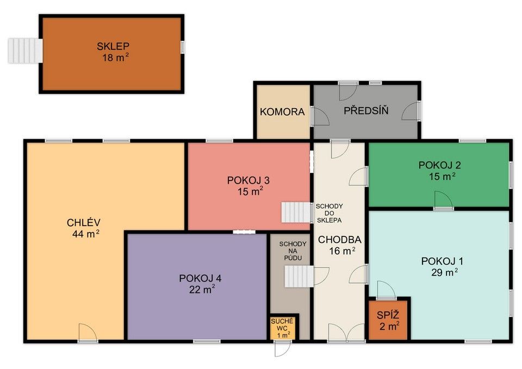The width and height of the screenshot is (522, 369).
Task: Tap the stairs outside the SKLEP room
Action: click(x=25, y=51)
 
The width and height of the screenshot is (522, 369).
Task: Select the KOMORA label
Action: click(x=282, y=112)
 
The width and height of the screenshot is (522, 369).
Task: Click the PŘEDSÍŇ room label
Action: click(x=366, y=110)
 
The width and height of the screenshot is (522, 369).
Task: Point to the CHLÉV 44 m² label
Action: click(x=84, y=228)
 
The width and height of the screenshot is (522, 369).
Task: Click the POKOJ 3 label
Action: click(x=248, y=180)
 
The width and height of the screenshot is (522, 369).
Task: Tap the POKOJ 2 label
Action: click(x=439, y=165)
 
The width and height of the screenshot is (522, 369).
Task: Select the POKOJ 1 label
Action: click(x=442, y=261)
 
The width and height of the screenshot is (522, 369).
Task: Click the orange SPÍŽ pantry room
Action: click(x=388, y=320)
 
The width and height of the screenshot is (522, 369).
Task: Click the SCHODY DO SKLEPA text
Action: click(x=329, y=213)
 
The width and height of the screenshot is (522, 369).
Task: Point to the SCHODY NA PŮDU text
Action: click(x=293, y=251)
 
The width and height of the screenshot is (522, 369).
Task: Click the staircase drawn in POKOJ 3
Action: click(x=296, y=212)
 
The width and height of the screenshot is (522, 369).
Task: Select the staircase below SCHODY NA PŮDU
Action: click(x=299, y=277)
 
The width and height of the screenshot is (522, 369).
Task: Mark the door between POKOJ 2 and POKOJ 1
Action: click(x=444, y=201)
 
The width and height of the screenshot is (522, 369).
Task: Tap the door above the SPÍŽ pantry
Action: click(x=387, y=290)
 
